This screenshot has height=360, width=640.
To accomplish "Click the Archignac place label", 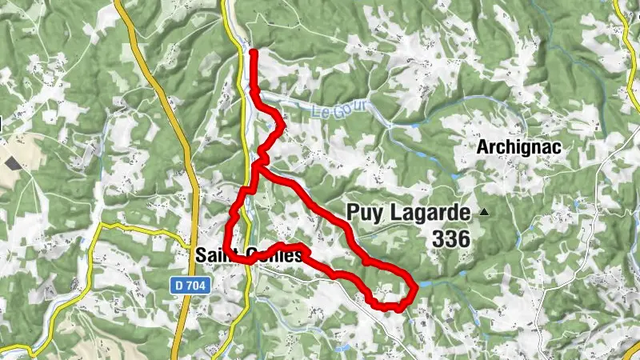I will pos(518,147).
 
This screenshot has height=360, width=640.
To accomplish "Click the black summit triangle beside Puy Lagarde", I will pos(484,212).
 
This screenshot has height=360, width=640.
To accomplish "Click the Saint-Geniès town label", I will pos(248,255).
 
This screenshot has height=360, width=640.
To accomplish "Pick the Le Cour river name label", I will pos(350,106).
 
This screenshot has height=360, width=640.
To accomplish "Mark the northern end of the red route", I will pos(254,52).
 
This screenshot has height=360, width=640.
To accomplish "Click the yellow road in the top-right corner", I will pos(624,32).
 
